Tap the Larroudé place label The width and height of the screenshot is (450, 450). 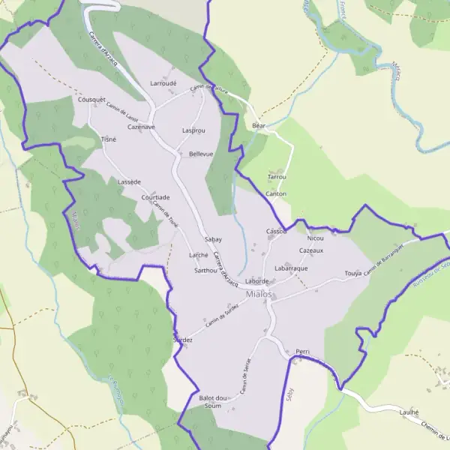[x=163, y=83]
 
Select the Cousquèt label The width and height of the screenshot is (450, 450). [x=92, y=99]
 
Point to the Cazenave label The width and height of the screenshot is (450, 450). [x=141, y=127]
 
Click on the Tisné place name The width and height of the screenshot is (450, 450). [x=109, y=139]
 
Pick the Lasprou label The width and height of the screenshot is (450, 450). [x=193, y=130]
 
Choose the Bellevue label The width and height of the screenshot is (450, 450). [x=201, y=154]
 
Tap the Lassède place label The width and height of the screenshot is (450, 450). [x=129, y=181]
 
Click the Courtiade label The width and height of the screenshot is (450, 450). [x=155, y=197]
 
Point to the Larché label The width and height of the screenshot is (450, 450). [x=199, y=256]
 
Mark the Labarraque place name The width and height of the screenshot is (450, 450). [x=291, y=268]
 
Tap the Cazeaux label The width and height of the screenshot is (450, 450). [x=311, y=250]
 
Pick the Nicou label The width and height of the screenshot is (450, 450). [x=315, y=238]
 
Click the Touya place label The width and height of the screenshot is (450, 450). [x=353, y=274]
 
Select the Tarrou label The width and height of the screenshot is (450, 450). [x=277, y=177]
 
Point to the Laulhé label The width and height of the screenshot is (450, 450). [x=409, y=412]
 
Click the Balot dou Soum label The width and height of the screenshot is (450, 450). [x=213, y=401]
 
